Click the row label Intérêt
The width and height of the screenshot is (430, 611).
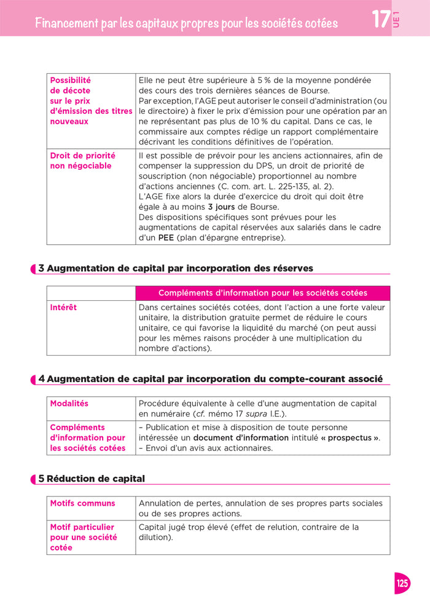(63, 308)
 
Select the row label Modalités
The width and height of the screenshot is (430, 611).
(69, 404)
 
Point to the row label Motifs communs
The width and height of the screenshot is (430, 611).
(82, 503)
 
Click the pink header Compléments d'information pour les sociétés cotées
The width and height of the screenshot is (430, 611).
(262, 293)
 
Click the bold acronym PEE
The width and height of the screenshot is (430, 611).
(166, 238)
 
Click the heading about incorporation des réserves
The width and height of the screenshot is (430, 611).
(176, 268)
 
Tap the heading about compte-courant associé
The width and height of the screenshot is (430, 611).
(211, 379)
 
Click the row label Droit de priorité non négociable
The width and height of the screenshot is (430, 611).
(82, 161)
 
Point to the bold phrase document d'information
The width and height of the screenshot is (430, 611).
(241, 437)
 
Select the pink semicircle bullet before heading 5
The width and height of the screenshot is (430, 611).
(34, 479)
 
